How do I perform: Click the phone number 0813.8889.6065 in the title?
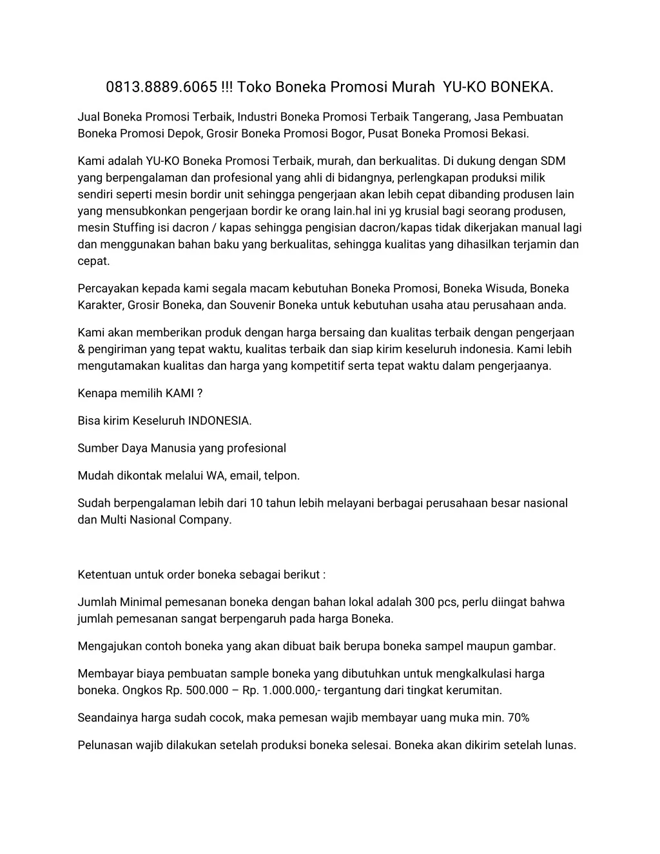[x=161, y=86]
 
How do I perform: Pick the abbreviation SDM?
[x=553, y=160]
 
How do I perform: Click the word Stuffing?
[x=133, y=228]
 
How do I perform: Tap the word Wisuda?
[x=505, y=288]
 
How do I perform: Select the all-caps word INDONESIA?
[x=218, y=421]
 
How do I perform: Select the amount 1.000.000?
[x=289, y=690]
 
